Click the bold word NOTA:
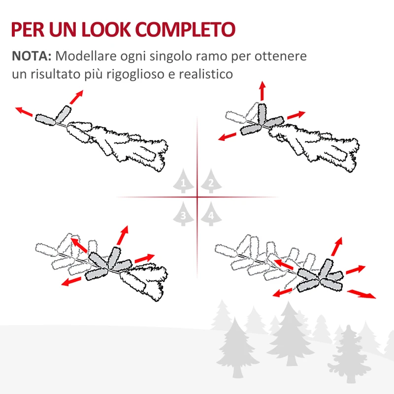coord(32,56)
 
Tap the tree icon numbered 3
coord(183,214)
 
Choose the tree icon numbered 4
coord(210,214)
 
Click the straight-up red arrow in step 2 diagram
coord(262,92)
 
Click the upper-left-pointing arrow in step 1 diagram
coord(24,111)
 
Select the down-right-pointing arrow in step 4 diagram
coord(361,294)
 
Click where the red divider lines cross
coord(197,197)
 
